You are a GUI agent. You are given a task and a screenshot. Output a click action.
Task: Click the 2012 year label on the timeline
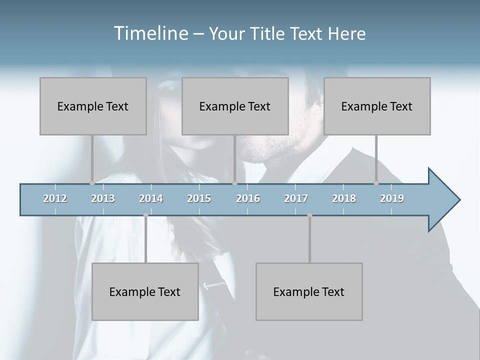point(55,198)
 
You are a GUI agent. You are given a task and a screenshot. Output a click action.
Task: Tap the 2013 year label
point(103,198)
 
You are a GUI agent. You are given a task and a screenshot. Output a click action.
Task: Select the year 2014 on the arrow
point(151,198)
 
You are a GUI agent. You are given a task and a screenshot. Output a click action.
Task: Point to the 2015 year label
point(199,198)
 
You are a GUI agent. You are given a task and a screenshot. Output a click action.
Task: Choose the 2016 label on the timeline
point(248,198)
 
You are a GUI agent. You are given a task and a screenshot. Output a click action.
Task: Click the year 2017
point(296,198)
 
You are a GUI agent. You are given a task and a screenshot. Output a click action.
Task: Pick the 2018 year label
point(344,198)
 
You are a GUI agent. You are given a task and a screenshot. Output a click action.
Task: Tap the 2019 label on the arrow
point(392,198)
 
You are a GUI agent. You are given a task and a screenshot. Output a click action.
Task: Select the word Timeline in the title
point(150,33)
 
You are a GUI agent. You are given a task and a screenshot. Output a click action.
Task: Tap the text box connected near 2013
point(93,106)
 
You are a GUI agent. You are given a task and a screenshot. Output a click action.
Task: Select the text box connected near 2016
point(235,106)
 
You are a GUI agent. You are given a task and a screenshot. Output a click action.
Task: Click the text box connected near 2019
point(377,106)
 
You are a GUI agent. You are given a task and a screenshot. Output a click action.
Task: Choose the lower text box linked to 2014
point(145,291)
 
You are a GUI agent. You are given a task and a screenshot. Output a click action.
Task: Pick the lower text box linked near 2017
point(309,291)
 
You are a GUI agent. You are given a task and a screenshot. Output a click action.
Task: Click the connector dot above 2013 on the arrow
point(92,183)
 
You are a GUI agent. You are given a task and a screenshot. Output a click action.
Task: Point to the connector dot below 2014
point(145,215)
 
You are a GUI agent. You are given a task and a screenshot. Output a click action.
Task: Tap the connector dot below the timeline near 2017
point(309,215)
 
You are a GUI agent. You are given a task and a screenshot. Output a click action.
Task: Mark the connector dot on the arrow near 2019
point(376,183)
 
